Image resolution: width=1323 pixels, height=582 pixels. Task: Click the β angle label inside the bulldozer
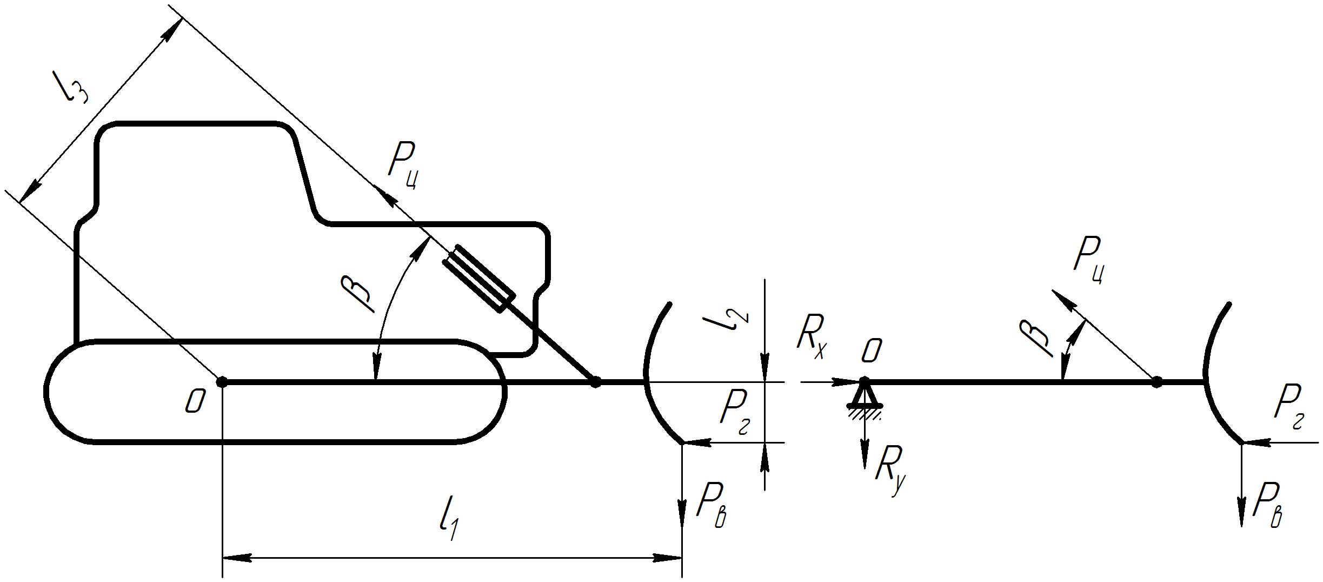click(357, 293)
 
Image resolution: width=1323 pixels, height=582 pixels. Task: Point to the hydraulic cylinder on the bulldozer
click(479, 278)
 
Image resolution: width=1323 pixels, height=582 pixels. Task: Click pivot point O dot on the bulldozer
click(222, 382)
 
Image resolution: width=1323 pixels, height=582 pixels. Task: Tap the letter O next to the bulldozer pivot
click(195, 402)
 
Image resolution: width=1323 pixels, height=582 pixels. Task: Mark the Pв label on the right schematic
click(1268, 506)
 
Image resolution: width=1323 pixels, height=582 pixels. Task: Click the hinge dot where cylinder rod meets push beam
click(595, 382)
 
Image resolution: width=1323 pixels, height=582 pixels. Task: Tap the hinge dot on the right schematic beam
click(1156, 382)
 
